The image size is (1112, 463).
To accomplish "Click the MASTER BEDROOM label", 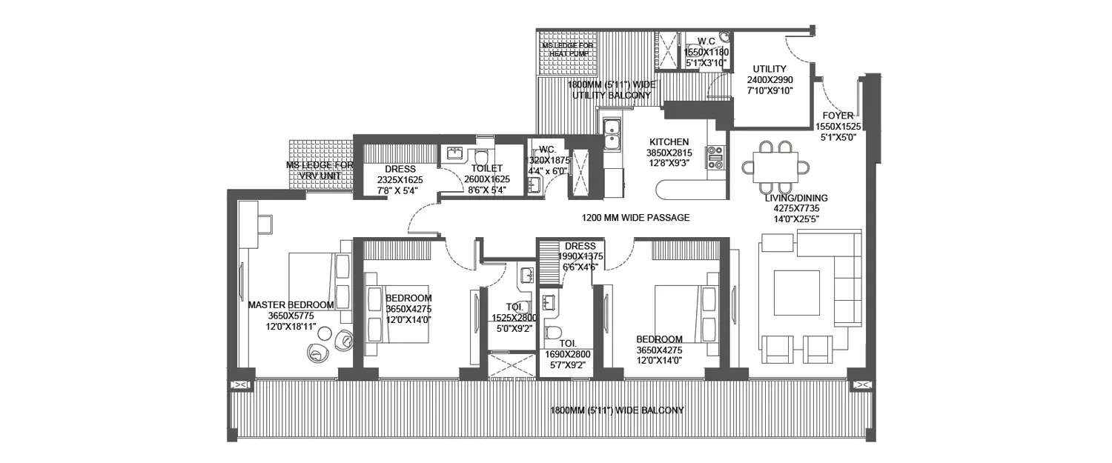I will (290, 304).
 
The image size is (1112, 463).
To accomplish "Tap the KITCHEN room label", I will (669, 142).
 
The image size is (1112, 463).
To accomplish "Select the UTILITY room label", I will (769, 70).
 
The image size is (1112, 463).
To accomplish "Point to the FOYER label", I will (837, 116).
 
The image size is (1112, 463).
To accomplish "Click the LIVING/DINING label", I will (798, 199).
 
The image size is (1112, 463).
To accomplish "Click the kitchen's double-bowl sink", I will (612, 136).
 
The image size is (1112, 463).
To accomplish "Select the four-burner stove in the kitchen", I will (716, 158).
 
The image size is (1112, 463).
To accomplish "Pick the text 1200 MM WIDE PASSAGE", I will (635, 218).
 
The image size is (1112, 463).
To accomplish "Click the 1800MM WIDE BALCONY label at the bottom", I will (617, 410).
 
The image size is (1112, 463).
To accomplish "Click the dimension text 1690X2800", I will (568, 355).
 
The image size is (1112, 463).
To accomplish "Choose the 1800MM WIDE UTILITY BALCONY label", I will (609, 90).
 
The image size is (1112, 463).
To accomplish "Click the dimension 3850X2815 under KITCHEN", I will (669, 153).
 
